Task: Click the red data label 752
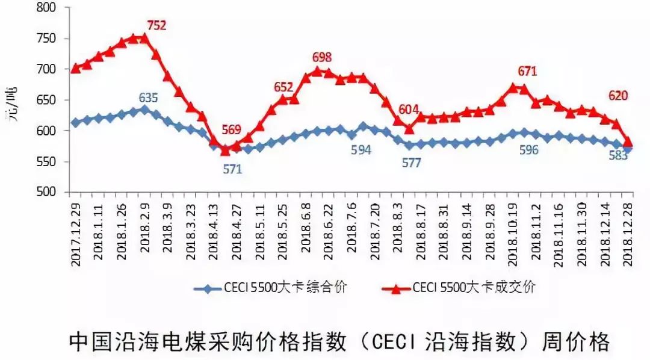[x=156, y=25]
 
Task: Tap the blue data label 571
[x=232, y=169]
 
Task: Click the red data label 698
[x=323, y=58]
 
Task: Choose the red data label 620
[x=618, y=95]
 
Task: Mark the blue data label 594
[x=361, y=150]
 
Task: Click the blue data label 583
[x=618, y=154]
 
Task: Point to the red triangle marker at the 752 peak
[x=144, y=38]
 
